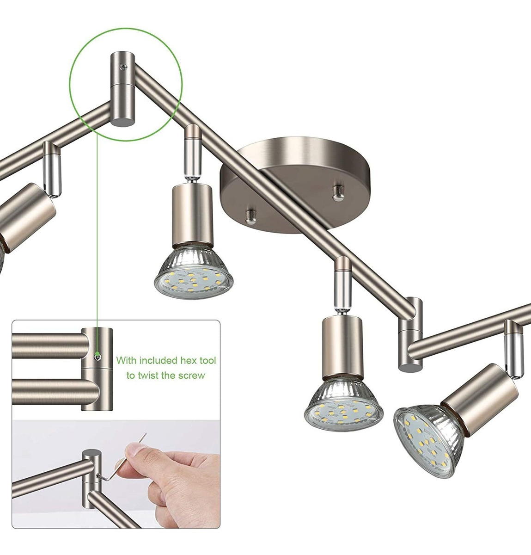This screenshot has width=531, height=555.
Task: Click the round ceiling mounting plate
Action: tap(295, 185)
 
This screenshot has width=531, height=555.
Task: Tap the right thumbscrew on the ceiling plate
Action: tap(338, 193)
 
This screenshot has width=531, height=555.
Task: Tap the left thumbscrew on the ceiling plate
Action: tap(250, 217)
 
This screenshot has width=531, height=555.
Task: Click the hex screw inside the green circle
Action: tap(123, 67)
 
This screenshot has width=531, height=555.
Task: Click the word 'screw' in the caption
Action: tap(190, 376)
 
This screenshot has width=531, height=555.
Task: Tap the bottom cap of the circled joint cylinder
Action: tap(122, 122)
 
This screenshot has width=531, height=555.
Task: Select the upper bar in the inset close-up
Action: tap(50, 345)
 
